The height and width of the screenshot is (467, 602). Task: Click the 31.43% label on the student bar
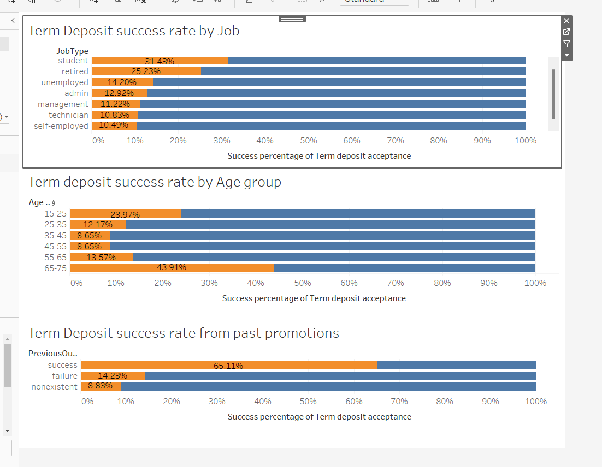tap(159, 61)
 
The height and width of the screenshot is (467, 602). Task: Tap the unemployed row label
tap(64, 82)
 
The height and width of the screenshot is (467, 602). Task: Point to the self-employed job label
tap(61, 126)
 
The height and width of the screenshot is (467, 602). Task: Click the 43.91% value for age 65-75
tap(171, 267)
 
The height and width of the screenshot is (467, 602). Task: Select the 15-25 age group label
tap(55, 214)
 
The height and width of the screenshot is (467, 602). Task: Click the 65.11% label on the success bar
tap(228, 366)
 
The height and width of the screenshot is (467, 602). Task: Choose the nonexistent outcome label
tap(54, 387)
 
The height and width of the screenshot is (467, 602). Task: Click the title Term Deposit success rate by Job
tap(134, 31)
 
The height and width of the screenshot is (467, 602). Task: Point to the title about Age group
tap(155, 182)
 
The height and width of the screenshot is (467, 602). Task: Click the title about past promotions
tap(184, 333)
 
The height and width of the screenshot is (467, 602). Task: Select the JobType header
tap(72, 51)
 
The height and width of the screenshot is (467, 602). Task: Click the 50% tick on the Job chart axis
tap(309, 141)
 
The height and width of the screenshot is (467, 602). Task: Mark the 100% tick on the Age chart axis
tap(535, 283)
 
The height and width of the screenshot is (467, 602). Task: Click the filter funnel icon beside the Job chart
tap(566, 44)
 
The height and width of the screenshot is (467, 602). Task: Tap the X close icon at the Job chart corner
tap(566, 21)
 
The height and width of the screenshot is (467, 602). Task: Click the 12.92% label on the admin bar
tap(119, 93)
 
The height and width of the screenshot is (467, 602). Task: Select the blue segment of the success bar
tap(456, 365)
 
